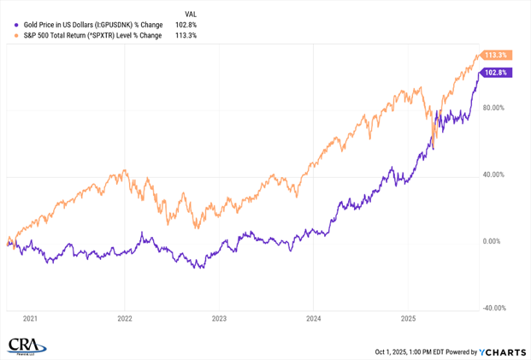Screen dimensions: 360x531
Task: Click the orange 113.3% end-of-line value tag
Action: tap(497, 55)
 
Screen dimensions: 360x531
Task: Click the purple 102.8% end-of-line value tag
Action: tap(497, 73)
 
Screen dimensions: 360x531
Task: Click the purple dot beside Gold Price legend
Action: tap(10, 25)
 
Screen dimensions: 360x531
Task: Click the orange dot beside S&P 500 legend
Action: tap(10, 36)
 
